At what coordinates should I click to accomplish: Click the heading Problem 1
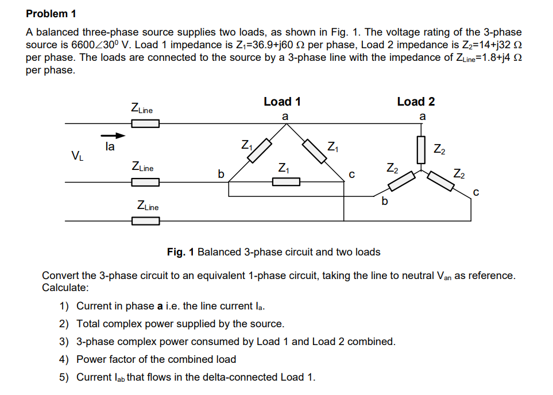coord(51,13)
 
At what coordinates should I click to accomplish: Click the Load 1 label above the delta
coord(282,102)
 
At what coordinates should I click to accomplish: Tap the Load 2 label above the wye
coord(416,102)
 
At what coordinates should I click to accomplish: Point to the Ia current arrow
coord(113,136)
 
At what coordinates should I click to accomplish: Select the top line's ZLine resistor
coord(145,123)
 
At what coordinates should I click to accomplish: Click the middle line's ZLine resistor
coord(145,182)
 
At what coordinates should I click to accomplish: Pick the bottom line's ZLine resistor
coord(145,220)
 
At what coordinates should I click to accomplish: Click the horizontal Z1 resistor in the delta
coord(286,182)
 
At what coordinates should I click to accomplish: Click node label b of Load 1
coord(218,172)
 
